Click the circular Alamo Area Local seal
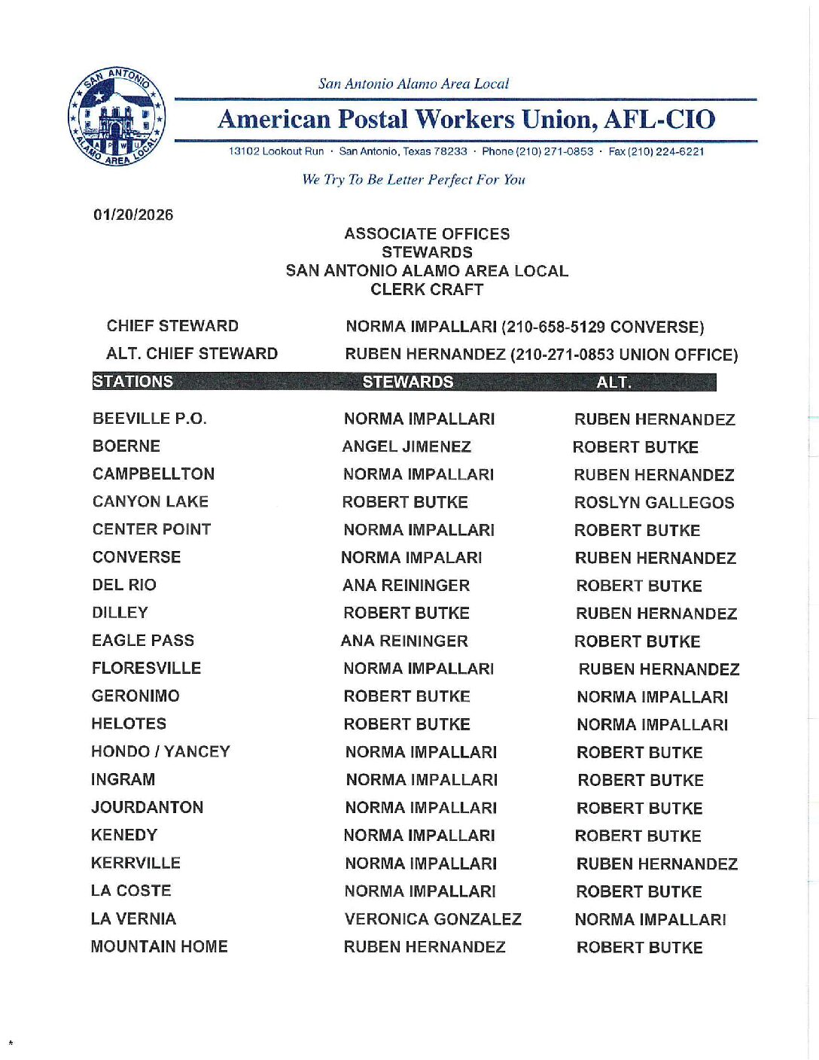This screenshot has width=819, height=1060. point(117,117)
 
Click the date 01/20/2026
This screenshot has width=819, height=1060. point(133,215)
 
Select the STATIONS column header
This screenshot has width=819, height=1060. point(133,382)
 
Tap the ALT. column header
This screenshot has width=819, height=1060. point(613,382)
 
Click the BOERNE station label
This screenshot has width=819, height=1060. point(126,446)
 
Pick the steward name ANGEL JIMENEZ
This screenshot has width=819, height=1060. point(406,447)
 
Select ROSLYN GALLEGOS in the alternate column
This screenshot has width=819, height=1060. point(654,503)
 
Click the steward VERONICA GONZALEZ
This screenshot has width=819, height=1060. point(433,919)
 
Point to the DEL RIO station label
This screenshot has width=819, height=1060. point(124,585)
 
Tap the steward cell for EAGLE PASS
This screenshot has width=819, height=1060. point(404,641)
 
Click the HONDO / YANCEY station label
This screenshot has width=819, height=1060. point(160,751)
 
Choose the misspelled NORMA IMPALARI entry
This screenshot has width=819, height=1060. point(411,558)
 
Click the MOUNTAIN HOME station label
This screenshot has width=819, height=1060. point(159,946)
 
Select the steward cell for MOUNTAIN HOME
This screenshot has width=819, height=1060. point(425,947)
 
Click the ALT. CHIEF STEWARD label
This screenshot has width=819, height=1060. point(192,354)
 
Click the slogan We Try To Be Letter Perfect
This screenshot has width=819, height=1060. point(413,180)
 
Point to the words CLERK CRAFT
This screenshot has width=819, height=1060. point(427,290)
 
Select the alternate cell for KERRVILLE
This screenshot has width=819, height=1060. point(656,864)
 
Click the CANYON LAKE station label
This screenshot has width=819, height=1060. point(151,501)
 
